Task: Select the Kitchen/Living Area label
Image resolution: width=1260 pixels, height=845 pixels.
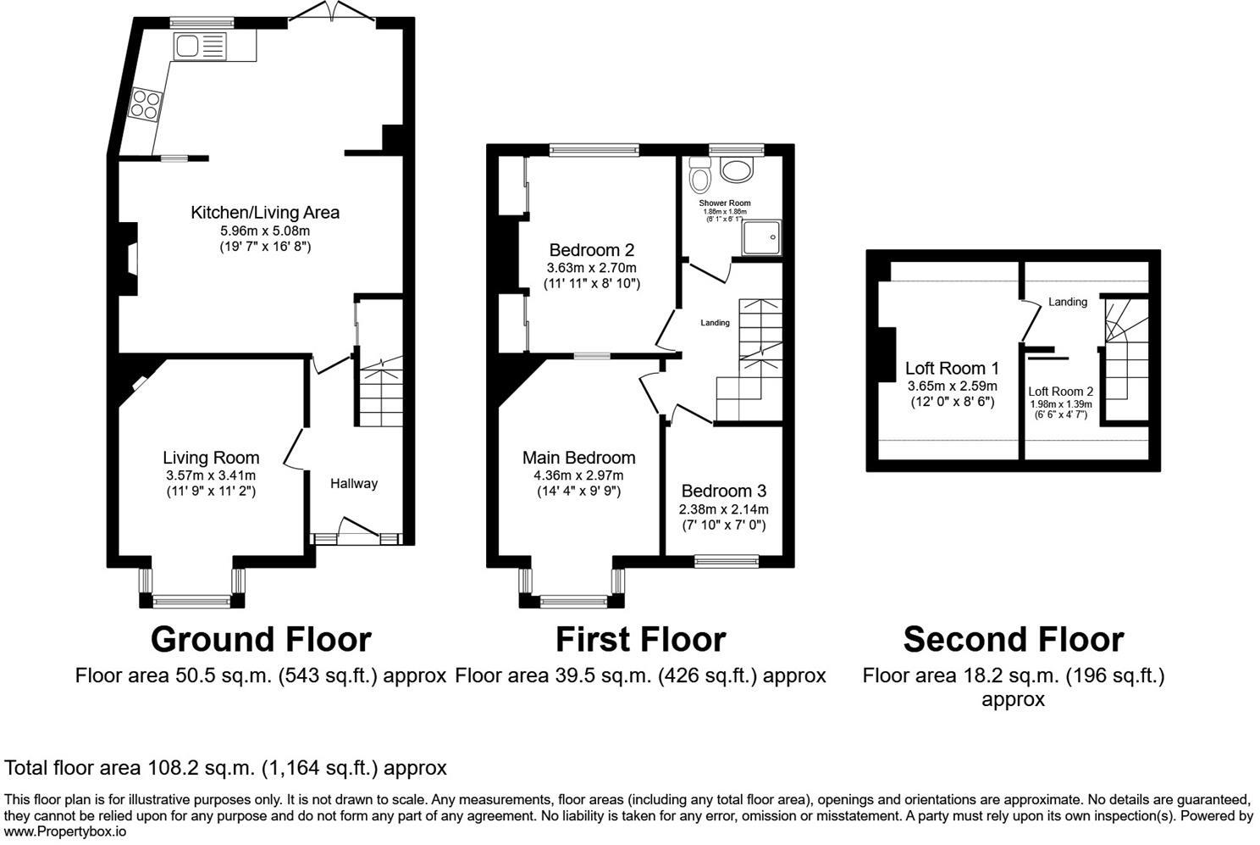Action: [x=264, y=212]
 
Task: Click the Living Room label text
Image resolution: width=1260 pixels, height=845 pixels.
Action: [x=211, y=458]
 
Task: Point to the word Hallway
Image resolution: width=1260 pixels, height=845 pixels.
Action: [x=353, y=483]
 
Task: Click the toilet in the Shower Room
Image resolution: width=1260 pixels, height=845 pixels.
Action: [x=700, y=176]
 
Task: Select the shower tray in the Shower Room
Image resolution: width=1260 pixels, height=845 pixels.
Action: [x=761, y=238]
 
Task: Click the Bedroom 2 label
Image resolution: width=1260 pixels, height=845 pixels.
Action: [x=591, y=250]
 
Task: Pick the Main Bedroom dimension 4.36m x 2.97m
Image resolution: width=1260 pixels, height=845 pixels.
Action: [x=579, y=475]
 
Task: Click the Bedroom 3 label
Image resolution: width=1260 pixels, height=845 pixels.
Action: [x=723, y=491]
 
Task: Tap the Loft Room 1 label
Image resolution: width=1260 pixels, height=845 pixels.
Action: [x=952, y=368]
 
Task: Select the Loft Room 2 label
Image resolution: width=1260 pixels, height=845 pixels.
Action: [x=1060, y=392]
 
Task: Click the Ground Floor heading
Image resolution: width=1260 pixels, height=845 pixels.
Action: [x=260, y=640]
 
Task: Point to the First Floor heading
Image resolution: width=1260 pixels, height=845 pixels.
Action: [x=640, y=640]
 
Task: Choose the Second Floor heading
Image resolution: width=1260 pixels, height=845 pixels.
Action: [x=1013, y=640]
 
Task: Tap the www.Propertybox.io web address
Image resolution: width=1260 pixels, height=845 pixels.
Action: [x=66, y=831]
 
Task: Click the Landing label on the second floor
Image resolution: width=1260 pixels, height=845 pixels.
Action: [x=1067, y=302]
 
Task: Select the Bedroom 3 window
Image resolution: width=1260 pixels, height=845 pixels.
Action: [x=727, y=560]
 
